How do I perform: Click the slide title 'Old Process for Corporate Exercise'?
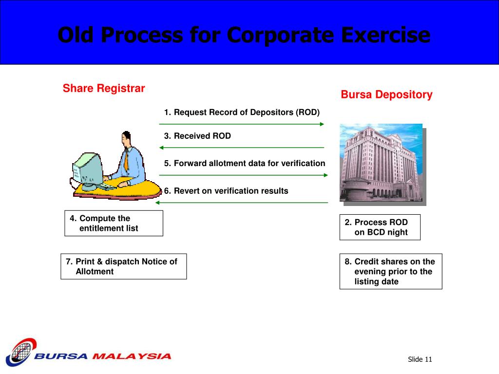pyautogui.click(x=244, y=35)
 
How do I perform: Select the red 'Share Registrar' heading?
pyautogui.click(x=104, y=89)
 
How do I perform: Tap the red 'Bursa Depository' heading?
pyautogui.click(x=386, y=94)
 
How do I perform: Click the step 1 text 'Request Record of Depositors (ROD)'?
pyautogui.click(x=242, y=112)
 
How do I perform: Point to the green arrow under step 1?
pyautogui.click(x=242, y=124)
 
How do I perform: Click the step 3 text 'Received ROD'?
pyautogui.click(x=197, y=136)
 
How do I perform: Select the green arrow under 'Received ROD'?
pyautogui.click(x=242, y=148)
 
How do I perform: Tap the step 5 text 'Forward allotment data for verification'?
pyautogui.click(x=245, y=164)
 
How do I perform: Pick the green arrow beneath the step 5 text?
pyautogui.click(x=244, y=175)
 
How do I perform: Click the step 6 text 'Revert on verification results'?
pyautogui.click(x=226, y=191)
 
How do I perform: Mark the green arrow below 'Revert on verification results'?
pyautogui.click(x=242, y=203)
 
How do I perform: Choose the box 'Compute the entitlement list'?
pyautogui.click(x=114, y=224)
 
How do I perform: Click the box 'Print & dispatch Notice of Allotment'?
pyautogui.click(x=123, y=266)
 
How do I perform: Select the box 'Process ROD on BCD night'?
pyautogui.click(x=380, y=227)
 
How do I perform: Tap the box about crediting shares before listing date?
pyautogui.click(x=391, y=271)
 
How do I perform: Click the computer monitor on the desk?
pyautogui.click(x=88, y=168)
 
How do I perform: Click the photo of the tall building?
pyautogui.click(x=381, y=163)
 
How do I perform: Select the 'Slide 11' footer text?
pyautogui.click(x=420, y=360)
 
